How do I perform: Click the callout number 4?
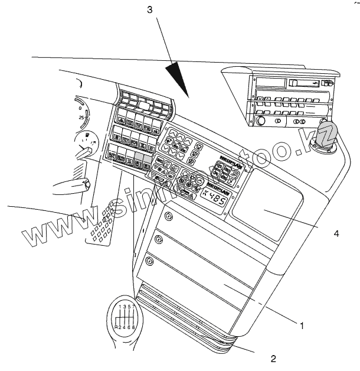click(x=336, y=233)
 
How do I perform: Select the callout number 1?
click(x=302, y=325)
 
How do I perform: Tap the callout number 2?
click(x=272, y=358)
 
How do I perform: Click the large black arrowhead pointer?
click(x=177, y=77)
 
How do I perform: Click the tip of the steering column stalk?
click(x=87, y=185)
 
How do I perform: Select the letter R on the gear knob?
click(x=116, y=327)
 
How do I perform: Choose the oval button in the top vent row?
click(x=143, y=107)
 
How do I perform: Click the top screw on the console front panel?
click(x=169, y=217)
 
